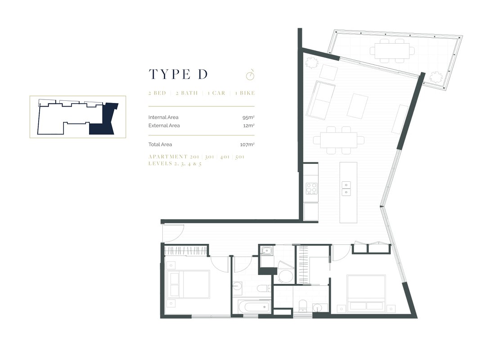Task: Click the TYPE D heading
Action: (x=178, y=75)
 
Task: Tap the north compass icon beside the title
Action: (x=250, y=74)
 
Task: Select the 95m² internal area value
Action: (x=248, y=117)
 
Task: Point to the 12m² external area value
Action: (x=249, y=126)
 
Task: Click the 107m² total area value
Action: (x=247, y=144)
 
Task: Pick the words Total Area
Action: (x=160, y=144)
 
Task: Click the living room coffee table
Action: (x=358, y=106)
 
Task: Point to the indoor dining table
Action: (x=339, y=139)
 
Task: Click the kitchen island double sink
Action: (x=346, y=189)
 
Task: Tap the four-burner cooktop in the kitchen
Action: (x=311, y=188)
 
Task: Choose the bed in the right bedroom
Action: (x=366, y=293)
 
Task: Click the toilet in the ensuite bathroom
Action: (x=302, y=305)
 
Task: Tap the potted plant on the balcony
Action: (x=435, y=77)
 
